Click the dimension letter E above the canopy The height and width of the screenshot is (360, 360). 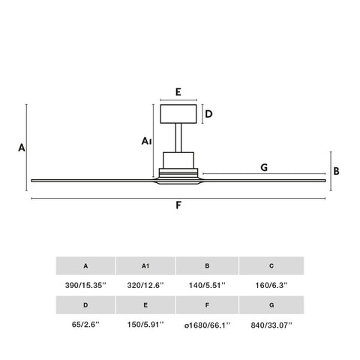click(x=178, y=92)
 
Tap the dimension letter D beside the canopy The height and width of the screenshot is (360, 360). click(x=208, y=114)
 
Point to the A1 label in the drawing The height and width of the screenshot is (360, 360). click(x=146, y=141)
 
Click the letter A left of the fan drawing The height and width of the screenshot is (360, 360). click(x=22, y=148)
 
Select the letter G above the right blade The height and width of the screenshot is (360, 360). click(x=264, y=167)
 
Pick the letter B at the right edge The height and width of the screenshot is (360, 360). click(x=336, y=171)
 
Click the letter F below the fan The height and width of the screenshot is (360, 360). click(x=178, y=205)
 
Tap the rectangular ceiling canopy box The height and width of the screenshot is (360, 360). click(x=178, y=114)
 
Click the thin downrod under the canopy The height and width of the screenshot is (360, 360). click(x=178, y=138)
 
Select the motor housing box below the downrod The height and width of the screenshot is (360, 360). click(x=178, y=160)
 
